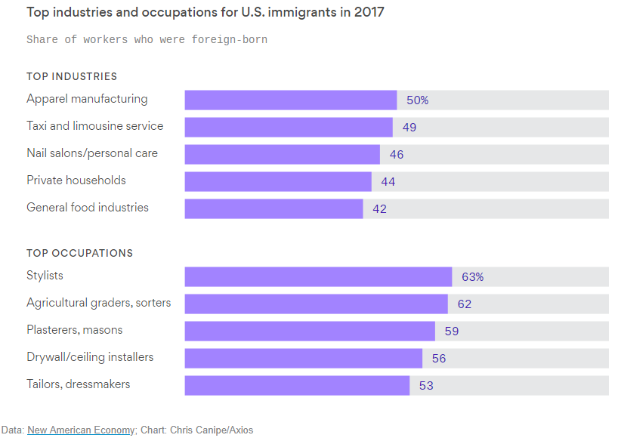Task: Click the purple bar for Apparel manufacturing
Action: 291,100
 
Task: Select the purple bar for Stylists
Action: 318,276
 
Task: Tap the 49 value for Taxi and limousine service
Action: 409,127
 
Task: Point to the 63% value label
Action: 473,276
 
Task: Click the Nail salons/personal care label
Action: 92,153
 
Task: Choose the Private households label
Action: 76,180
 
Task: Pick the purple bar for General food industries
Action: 273,208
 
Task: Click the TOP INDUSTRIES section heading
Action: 72,76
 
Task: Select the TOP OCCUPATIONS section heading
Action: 79,253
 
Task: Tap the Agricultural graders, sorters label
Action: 99,303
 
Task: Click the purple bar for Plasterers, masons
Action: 310,331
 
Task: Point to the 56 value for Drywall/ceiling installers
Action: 439,358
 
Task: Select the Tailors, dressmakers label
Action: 79,384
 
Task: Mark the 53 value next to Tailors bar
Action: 426,385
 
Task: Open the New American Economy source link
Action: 81,430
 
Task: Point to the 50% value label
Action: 418,100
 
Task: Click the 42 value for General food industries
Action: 379,208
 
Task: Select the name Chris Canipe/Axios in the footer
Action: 211,430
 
